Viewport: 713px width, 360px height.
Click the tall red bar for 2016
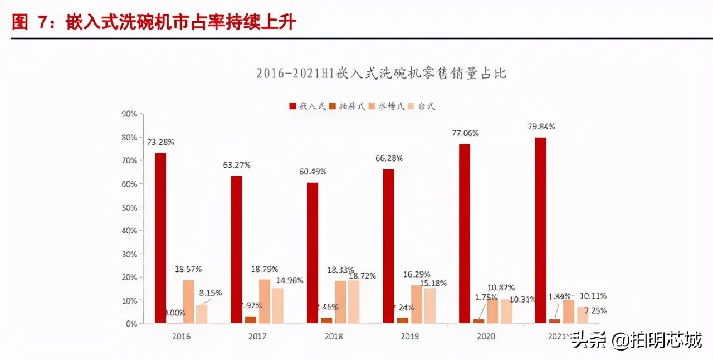pos(160,238)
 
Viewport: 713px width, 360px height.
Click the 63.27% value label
pos(237,165)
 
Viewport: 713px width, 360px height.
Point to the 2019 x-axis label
pos(409,337)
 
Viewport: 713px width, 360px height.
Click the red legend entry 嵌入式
pos(307,106)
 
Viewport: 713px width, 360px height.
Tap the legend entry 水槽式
pos(385,106)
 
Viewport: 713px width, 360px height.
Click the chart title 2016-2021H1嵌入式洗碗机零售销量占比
pos(381,74)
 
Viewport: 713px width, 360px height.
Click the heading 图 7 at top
pos(28,22)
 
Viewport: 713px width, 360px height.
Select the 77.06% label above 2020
pos(464,133)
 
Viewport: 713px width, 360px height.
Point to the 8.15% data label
pos(211,292)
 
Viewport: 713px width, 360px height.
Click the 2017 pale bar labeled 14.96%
pos(277,305)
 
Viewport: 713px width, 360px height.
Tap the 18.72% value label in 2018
pos(362,275)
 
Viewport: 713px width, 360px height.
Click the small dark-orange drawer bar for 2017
pos(251,320)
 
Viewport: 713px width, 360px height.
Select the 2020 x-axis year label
pos(485,337)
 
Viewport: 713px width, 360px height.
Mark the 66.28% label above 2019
pos(388,159)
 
